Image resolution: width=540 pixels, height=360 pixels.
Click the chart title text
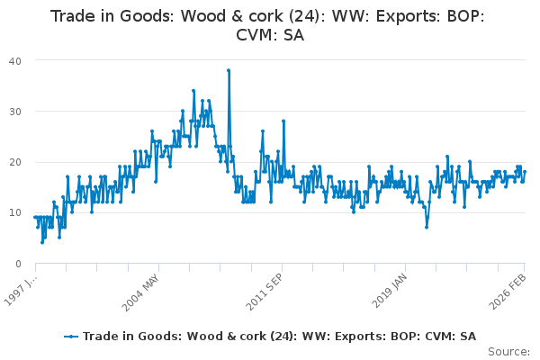[267, 25]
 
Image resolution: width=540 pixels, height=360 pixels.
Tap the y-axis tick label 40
[14, 61]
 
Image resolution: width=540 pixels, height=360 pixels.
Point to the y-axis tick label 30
[14, 112]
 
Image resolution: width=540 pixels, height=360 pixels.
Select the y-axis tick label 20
[14, 162]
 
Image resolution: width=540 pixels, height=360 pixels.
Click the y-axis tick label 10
[14, 213]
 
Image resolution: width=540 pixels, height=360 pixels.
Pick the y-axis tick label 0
[18, 264]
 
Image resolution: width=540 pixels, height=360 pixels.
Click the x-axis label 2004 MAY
[140, 292]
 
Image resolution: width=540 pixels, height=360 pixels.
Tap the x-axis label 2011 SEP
[265, 292]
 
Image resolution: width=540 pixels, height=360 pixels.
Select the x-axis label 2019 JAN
[390, 291]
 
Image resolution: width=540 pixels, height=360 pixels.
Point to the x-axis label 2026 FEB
[508, 292]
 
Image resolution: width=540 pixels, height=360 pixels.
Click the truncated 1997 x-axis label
[20, 290]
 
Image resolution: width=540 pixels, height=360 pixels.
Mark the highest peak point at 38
[229, 70]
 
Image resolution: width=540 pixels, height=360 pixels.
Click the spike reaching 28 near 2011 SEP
[283, 121]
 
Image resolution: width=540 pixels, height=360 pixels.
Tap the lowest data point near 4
[42, 242]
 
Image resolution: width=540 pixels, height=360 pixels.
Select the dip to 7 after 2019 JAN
[427, 228]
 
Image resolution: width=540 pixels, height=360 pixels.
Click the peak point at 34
[193, 91]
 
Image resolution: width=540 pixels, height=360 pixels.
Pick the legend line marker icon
[71, 337]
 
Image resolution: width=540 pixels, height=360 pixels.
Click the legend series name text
[279, 337]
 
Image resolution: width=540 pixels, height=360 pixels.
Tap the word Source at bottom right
[508, 352]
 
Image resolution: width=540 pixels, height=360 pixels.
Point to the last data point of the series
[525, 172]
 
